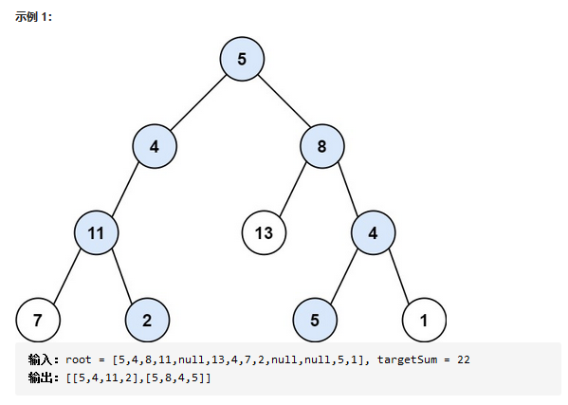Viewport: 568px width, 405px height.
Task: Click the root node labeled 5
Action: [x=242, y=59]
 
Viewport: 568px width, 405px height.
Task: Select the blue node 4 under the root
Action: [x=155, y=146]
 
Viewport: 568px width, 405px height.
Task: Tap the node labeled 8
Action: [x=322, y=146]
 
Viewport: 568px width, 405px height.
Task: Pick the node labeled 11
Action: [x=97, y=233]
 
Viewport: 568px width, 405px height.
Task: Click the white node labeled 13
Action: [x=264, y=233]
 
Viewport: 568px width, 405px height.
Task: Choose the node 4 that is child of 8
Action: [x=373, y=233]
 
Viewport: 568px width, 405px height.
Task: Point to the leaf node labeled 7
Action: [x=38, y=321]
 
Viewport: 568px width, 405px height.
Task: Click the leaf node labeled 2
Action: [x=147, y=321]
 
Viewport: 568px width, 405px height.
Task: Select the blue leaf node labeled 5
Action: [x=315, y=321]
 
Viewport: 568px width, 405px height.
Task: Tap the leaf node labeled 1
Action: [x=424, y=321]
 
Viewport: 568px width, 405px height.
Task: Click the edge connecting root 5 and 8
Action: [x=284, y=101]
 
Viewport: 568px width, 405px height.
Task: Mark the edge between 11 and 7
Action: [x=67, y=276]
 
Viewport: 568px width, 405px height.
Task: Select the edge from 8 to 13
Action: [x=293, y=190]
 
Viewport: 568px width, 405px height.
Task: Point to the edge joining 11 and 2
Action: [x=121, y=276]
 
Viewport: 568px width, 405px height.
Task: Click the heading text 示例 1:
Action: [x=33, y=17]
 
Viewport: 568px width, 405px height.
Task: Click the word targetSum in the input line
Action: [x=407, y=359]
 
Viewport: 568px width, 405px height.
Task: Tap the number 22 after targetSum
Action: [x=464, y=359]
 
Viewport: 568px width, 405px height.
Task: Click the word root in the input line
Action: [x=79, y=359]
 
